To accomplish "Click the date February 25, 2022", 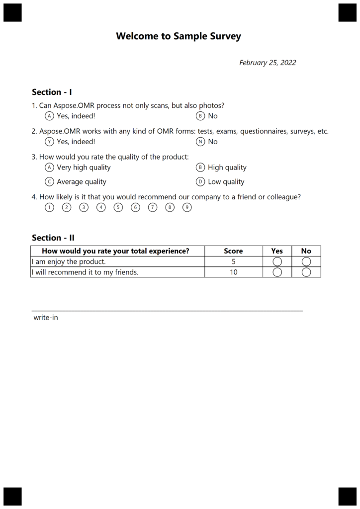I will pos(268,63).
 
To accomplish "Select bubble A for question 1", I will pos(49,116).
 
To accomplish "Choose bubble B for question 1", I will pos(200,116).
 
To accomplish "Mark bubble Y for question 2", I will pos(49,142).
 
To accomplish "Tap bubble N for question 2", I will pos(200,142).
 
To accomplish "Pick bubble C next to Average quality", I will pos(49,182).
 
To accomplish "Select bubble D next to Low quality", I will pos(200,182).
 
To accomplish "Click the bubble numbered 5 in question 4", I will pos(118,208).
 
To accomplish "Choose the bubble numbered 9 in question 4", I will pos(187,208).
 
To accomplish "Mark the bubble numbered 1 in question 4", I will pos(49,208).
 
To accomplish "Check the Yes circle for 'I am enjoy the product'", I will pos(277,261).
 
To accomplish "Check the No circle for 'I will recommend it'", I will pos(306,272).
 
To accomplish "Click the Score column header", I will pos(233,251).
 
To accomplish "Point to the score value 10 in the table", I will pos(233,272).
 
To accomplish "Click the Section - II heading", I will pos(53,238).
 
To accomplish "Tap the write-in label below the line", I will pos(46,317).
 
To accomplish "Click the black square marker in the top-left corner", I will pos(13,12).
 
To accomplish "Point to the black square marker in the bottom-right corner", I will pos(348,496).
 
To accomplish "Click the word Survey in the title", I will pos(224,36).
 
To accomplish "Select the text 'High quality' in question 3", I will pos(227,168).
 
